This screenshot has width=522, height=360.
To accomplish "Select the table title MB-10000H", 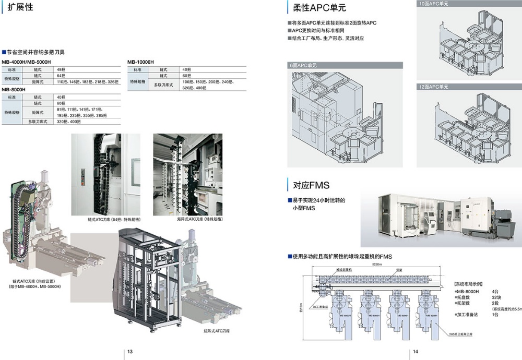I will coord(141,62).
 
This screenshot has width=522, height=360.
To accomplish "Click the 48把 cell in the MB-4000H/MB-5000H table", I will coord(61,69).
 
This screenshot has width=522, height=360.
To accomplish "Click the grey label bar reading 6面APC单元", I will coord(303,65).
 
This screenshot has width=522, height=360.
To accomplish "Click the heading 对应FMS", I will coord(311,185).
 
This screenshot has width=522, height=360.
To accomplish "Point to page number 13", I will coord(130,352).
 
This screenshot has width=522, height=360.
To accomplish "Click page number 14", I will coord(416,352).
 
